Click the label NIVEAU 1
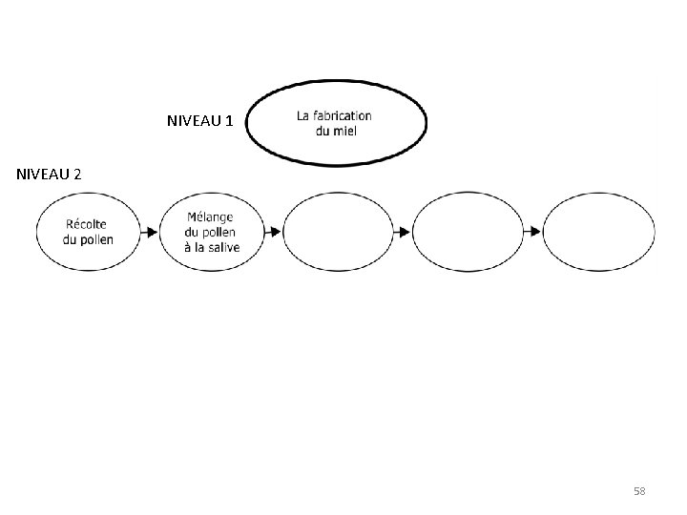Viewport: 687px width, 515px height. pyautogui.click(x=199, y=122)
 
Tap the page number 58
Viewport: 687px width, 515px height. pyautogui.click(x=639, y=491)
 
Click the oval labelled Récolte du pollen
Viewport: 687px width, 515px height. pyautogui.click(x=87, y=232)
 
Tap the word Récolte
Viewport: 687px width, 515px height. pyautogui.click(x=87, y=224)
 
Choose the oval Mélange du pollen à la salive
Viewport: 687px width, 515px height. pyautogui.click(x=212, y=232)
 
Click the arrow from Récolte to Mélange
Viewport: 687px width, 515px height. pyautogui.click(x=148, y=232)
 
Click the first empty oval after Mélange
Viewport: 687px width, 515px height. pyautogui.click(x=338, y=232)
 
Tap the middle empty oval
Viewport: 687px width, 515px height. pyautogui.click(x=468, y=232)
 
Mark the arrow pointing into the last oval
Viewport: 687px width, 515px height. pyautogui.click(x=532, y=232)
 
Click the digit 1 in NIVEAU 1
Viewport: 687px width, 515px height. pyautogui.click(x=228, y=122)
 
